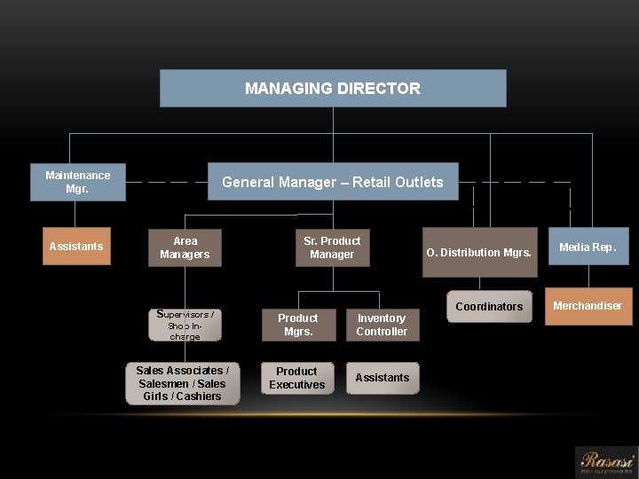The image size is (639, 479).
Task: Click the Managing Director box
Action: click(x=333, y=89)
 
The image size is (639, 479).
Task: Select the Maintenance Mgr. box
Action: click(x=77, y=182)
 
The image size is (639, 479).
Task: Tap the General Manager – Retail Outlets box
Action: click(x=333, y=182)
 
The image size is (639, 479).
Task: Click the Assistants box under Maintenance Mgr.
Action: click(x=76, y=246)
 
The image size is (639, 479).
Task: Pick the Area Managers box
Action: click(x=185, y=247)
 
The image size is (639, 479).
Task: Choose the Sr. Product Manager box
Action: click(x=332, y=247)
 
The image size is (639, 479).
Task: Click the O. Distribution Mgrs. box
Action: click(x=479, y=253)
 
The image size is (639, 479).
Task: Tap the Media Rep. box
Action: click(x=588, y=247)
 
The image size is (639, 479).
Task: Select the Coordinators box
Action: click(x=489, y=306)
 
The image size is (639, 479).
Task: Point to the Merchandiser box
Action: click(x=588, y=306)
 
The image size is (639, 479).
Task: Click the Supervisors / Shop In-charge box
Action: click(x=185, y=325)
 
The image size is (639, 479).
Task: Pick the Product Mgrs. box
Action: click(x=297, y=325)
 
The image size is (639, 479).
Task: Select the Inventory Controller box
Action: click(x=382, y=325)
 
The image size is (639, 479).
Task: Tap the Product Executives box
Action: click(x=297, y=378)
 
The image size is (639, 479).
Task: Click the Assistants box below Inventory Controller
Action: click(x=383, y=378)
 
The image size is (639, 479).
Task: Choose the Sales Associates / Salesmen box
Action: click(x=182, y=383)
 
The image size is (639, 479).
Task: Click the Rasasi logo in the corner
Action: click(x=607, y=462)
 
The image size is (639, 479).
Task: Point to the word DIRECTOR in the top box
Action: click(x=379, y=89)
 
